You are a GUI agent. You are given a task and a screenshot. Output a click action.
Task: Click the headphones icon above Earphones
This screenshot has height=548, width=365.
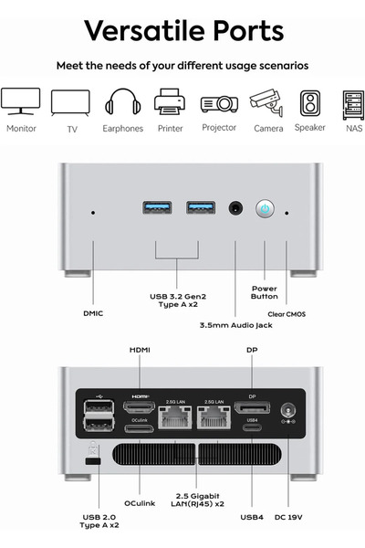122,101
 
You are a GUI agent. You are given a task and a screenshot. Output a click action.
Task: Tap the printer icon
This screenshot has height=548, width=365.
170,101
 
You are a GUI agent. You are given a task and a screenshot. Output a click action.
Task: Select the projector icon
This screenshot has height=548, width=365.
219,104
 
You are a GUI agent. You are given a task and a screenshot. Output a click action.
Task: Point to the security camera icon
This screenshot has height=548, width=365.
266,102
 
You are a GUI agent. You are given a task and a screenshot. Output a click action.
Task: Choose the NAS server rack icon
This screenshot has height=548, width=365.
353,105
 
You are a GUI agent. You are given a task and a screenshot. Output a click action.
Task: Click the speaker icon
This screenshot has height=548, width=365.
310,103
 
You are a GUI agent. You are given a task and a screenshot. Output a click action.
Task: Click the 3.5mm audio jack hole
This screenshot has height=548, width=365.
235,208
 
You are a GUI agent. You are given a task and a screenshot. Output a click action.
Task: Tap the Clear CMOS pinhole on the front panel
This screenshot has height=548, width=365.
287,213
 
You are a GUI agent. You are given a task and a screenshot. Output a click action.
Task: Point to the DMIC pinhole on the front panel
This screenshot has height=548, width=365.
93,213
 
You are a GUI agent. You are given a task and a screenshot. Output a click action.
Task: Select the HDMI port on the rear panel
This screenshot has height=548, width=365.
139,406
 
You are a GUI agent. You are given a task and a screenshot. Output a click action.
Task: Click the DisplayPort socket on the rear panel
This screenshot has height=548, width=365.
252,407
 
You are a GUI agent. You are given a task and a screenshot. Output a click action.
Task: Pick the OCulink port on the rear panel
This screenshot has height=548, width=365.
139,428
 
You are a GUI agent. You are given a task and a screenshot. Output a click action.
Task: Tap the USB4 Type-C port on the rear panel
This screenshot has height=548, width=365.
252,427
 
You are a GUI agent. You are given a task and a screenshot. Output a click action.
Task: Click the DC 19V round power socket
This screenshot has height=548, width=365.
288,410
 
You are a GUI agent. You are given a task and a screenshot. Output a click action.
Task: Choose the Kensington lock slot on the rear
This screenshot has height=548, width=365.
93,461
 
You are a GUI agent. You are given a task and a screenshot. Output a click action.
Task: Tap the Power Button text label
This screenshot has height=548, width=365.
265,292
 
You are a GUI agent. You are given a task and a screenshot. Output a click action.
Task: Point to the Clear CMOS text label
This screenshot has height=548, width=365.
287,314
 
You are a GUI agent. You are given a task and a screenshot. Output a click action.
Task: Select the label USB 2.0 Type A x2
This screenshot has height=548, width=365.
99,522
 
